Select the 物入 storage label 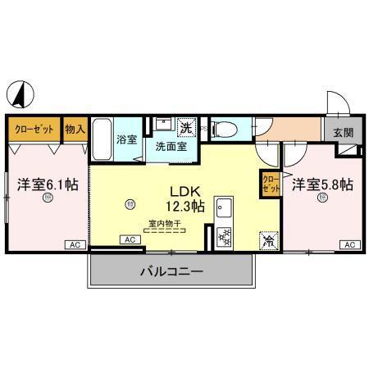(76, 130)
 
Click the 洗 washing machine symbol (186, 127)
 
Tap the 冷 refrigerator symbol (267, 241)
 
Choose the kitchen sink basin (222, 208)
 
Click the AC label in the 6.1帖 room (73, 245)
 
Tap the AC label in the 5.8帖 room (348, 245)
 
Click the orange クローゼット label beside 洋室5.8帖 (270, 184)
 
